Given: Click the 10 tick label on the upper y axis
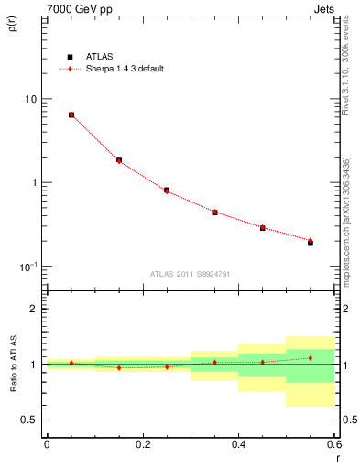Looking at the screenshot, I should [x=30, y=99].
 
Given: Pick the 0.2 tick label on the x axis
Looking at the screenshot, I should [x=142, y=444].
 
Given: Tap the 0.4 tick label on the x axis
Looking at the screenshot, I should [x=238, y=444].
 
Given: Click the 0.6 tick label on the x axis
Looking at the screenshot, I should [x=333, y=444].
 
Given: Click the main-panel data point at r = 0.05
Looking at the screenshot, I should [x=71, y=115].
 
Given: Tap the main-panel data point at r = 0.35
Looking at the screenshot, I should [x=214, y=212].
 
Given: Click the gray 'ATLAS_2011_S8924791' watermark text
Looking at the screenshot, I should [x=189, y=274].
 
